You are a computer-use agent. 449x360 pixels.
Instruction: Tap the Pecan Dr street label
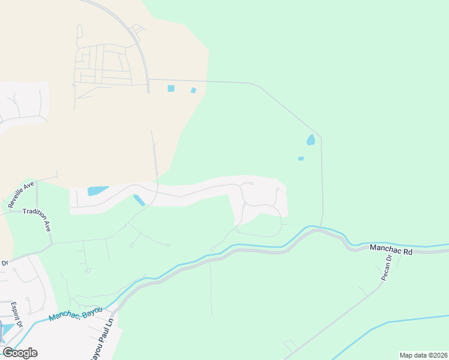point(386,268)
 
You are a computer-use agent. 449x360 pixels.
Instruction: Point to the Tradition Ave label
point(37,220)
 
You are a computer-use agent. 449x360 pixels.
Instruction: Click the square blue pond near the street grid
point(171,88)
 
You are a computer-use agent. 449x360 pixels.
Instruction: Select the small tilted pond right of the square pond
point(193,91)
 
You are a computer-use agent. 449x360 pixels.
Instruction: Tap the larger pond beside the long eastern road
point(311,140)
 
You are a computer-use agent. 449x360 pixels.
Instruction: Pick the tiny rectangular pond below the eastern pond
point(301,158)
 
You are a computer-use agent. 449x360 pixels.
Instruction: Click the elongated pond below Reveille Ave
point(98,191)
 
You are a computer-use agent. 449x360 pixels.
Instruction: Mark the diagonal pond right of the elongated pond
point(139,200)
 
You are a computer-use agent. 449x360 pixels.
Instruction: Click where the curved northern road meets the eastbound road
point(148,79)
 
